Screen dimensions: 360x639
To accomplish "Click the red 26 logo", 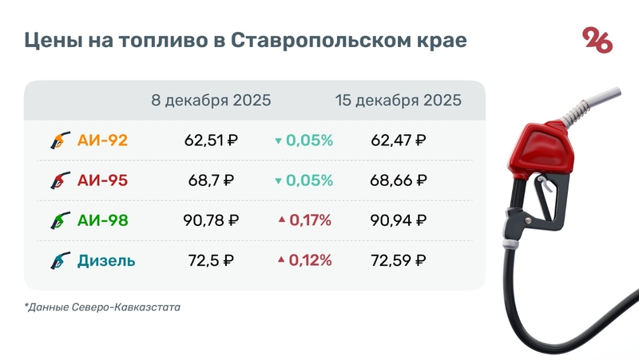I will (x=597, y=39).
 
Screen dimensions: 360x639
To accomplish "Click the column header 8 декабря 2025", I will (x=211, y=101).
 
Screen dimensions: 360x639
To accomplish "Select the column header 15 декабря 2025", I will (x=398, y=101).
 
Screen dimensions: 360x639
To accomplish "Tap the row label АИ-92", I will (x=102, y=141).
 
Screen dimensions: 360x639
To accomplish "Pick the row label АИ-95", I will (x=102, y=181).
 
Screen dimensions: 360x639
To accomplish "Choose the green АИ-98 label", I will (x=102, y=221).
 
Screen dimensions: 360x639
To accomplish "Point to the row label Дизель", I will (x=106, y=260).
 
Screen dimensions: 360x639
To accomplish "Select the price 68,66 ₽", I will (x=398, y=181).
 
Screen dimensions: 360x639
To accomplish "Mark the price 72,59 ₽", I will (x=398, y=260).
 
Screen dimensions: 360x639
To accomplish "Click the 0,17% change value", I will (x=309, y=221).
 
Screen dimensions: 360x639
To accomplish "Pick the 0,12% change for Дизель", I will (x=309, y=260).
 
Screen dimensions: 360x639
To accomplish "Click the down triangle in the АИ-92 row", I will (x=278, y=141).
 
